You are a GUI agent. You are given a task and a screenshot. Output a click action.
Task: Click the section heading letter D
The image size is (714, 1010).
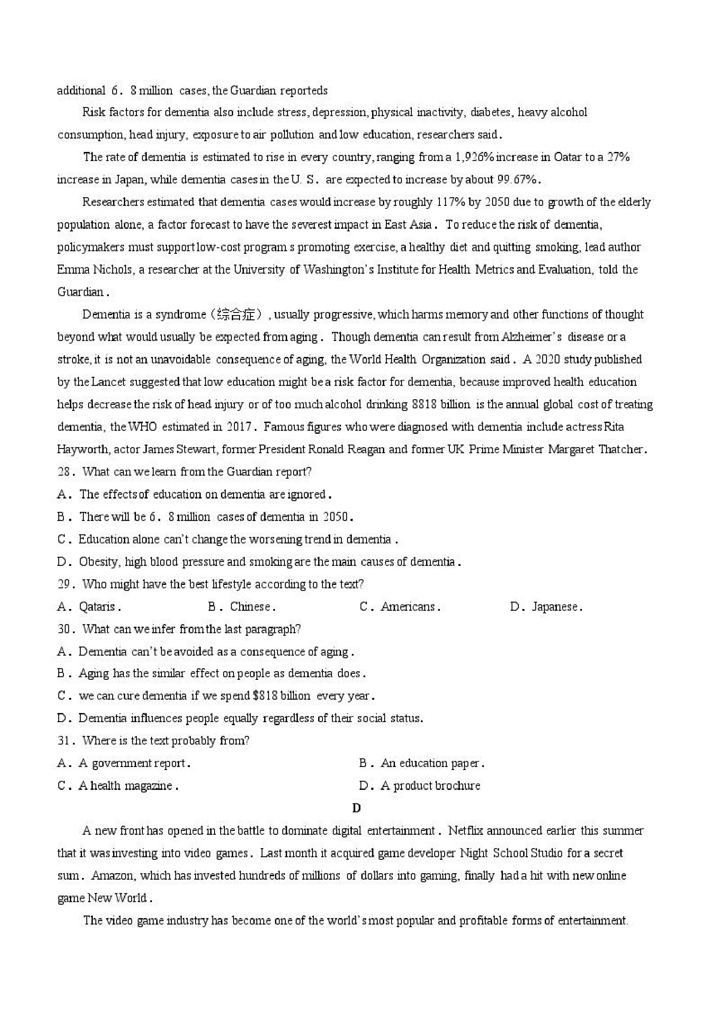pyautogui.click(x=356, y=808)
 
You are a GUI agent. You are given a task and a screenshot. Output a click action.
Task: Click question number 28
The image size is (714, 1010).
pyautogui.click(x=63, y=472)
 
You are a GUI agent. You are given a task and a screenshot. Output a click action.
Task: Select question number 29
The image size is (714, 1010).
pyautogui.click(x=63, y=584)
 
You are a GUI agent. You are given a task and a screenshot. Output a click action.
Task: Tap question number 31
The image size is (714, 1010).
pyautogui.click(x=63, y=741)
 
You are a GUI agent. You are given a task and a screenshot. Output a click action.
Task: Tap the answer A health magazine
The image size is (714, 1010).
pyautogui.click(x=128, y=786)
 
